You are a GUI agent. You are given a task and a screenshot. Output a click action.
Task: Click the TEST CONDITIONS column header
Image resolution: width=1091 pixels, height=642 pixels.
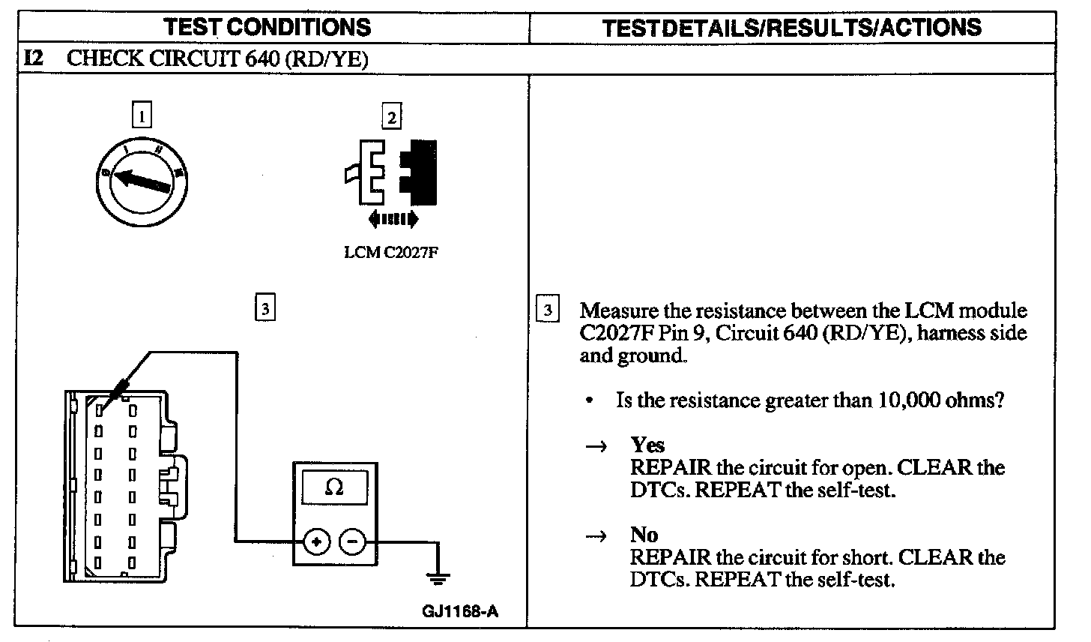268,28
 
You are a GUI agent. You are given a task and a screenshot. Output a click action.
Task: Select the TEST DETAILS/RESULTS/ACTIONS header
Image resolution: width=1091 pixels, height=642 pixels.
791,28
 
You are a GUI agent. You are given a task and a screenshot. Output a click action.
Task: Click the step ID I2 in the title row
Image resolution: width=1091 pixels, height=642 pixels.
33,58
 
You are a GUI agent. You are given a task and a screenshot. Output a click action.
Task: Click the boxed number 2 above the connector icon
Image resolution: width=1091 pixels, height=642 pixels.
391,116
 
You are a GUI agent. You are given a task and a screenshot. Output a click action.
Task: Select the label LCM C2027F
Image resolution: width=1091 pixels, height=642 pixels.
390,253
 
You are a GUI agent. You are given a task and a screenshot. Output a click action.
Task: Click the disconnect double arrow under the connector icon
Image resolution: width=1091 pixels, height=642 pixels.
393,218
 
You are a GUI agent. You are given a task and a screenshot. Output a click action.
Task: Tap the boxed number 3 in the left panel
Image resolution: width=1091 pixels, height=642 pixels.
265,308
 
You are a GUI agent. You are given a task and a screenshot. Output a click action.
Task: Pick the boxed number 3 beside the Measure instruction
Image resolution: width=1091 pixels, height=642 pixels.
548,310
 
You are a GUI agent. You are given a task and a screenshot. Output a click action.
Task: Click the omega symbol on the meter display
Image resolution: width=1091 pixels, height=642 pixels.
334,488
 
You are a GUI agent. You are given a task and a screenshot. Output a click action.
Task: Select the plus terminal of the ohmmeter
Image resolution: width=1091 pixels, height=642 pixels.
316,541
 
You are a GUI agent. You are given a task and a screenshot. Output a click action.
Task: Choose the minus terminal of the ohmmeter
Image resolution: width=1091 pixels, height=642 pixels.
353,541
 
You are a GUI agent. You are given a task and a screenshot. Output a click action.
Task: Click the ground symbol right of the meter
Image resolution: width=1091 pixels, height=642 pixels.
438,577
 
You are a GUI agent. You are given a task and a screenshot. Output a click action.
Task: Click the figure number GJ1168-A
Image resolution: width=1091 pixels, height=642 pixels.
459,610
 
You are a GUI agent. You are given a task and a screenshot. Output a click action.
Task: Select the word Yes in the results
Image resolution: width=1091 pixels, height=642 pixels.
647,445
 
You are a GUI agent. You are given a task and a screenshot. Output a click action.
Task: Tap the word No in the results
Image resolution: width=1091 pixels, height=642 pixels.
644,535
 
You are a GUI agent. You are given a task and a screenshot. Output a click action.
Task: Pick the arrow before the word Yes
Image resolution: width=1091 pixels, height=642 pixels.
595,446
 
